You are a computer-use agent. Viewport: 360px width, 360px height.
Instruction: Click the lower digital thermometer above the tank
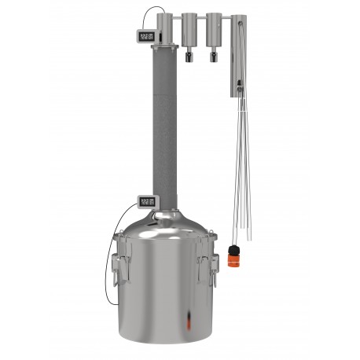pos(146,201)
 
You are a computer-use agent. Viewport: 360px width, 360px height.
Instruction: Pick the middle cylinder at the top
pos(189,30)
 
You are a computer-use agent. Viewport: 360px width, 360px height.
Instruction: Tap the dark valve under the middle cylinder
pos(189,56)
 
